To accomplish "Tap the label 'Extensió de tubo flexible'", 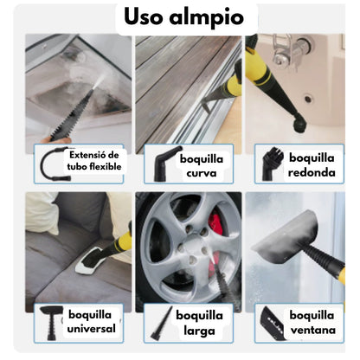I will point(95,160).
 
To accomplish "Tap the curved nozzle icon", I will point(164,161).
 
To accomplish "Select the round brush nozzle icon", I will point(271,161).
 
